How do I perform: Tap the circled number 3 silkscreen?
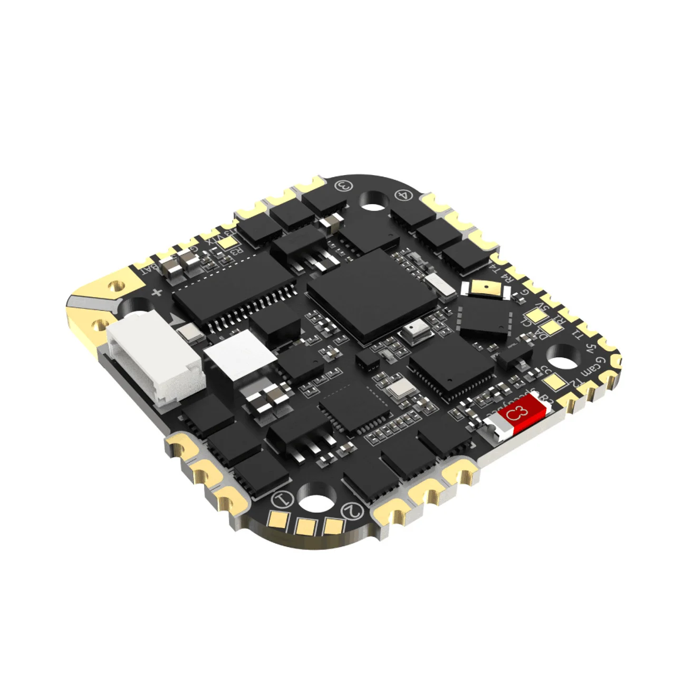coord(343,185)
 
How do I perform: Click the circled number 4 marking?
coord(403,195)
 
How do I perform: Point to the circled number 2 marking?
coord(352,510)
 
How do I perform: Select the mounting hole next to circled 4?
coord(374,200)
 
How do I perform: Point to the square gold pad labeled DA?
coord(551,327)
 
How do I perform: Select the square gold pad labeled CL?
coord(536,316)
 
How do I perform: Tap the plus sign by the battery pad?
coord(156,293)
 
